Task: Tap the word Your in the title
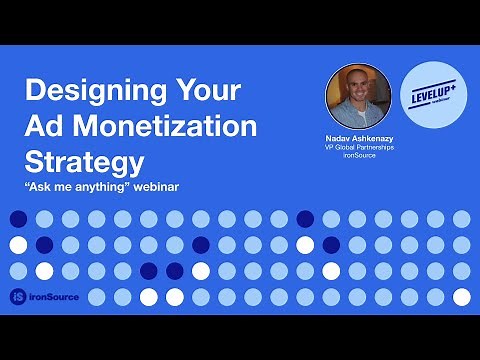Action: click(x=206, y=92)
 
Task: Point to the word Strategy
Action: click(x=84, y=161)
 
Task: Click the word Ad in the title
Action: click(x=46, y=126)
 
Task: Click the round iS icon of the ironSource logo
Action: click(x=18, y=297)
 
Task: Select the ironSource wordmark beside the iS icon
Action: click(x=56, y=297)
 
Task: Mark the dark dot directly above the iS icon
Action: click(x=18, y=271)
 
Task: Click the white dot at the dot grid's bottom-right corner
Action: click(x=461, y=297)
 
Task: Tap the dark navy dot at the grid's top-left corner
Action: click(x=18, y=219)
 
